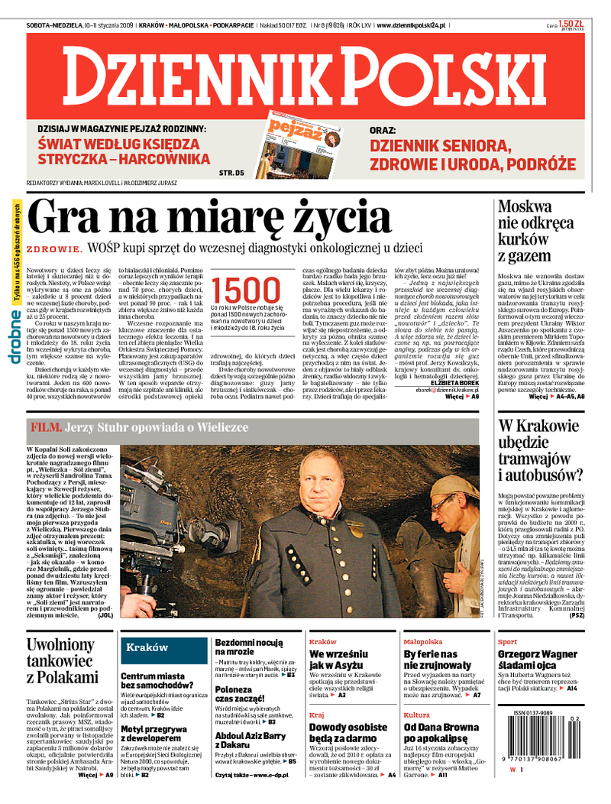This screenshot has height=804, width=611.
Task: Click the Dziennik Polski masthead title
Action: tap(305, 75)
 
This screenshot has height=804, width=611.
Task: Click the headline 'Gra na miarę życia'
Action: tap(208, 218)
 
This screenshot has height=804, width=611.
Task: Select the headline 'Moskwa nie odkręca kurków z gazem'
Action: tap(535, 230)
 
